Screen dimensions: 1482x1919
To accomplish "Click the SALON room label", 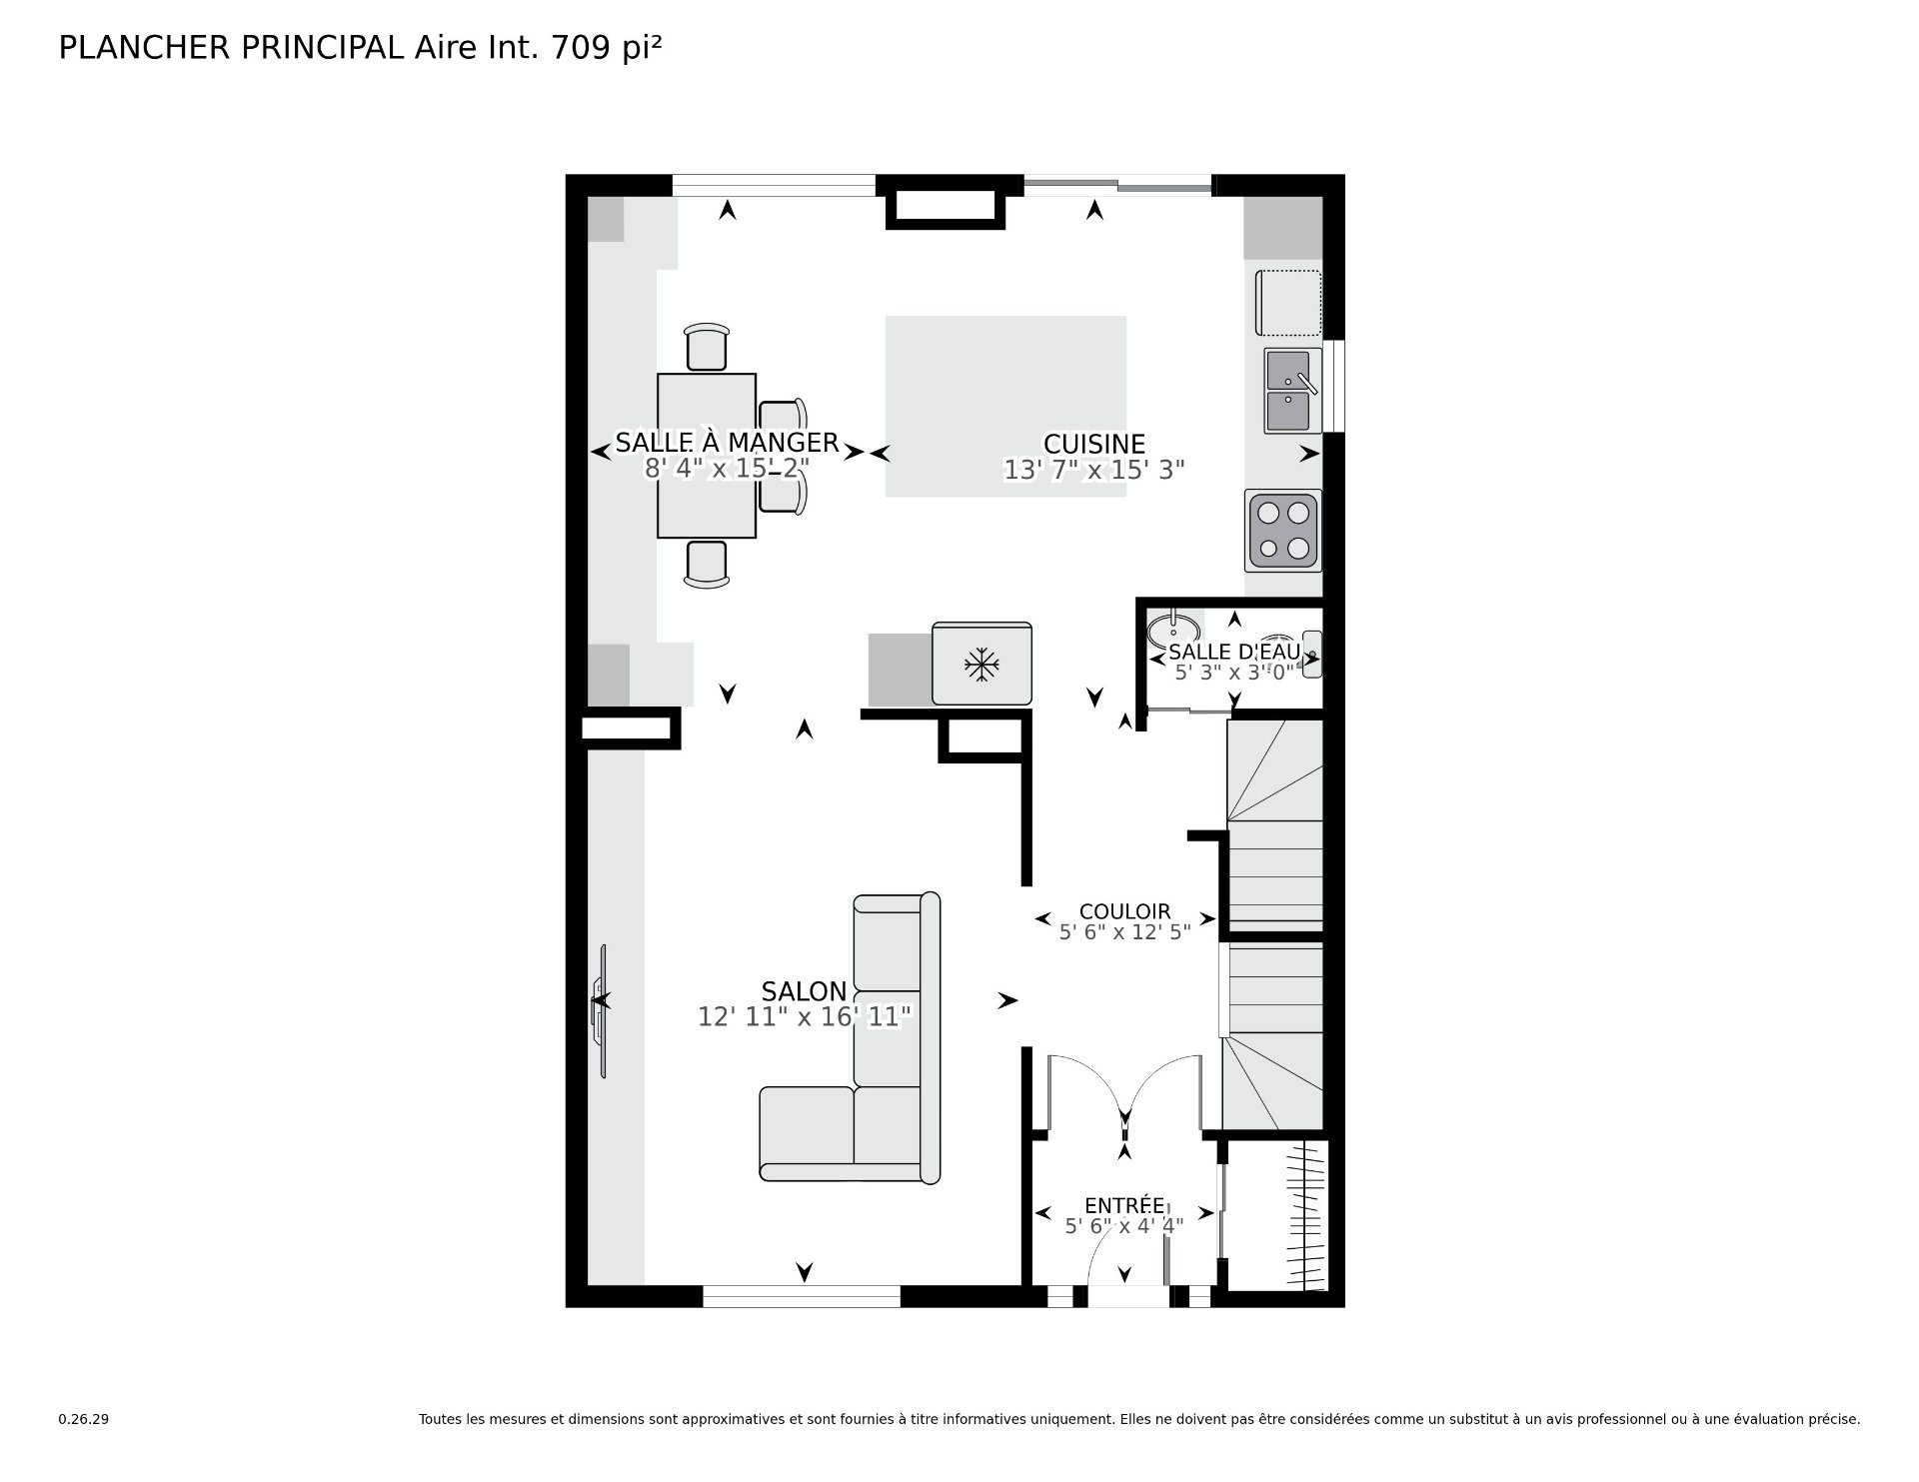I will (x=804, y=991).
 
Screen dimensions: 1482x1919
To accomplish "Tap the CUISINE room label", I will (x=1094, y=444).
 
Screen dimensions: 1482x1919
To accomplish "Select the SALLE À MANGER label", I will (x=727, y=442).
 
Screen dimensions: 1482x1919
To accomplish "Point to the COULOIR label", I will (x=1124, y=911).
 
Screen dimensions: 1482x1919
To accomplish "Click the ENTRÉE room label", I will (x=1124, y=1206).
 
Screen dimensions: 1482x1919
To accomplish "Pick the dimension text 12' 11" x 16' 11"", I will (x=805, y=1017).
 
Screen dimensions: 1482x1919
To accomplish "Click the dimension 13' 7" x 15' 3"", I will (x=1094, y=470).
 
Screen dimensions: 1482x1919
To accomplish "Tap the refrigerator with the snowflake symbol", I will (x=981, y=664).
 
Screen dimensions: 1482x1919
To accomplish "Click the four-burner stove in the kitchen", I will (x=1283, y=530).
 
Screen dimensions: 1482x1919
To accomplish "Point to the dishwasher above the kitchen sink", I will (x=1289, y=303).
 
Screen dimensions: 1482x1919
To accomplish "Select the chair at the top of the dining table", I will (x=708, y=347).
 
